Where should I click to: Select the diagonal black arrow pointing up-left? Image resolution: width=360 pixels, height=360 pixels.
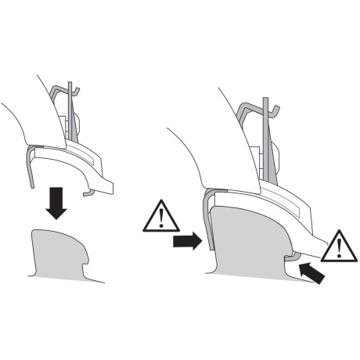[312, 274]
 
